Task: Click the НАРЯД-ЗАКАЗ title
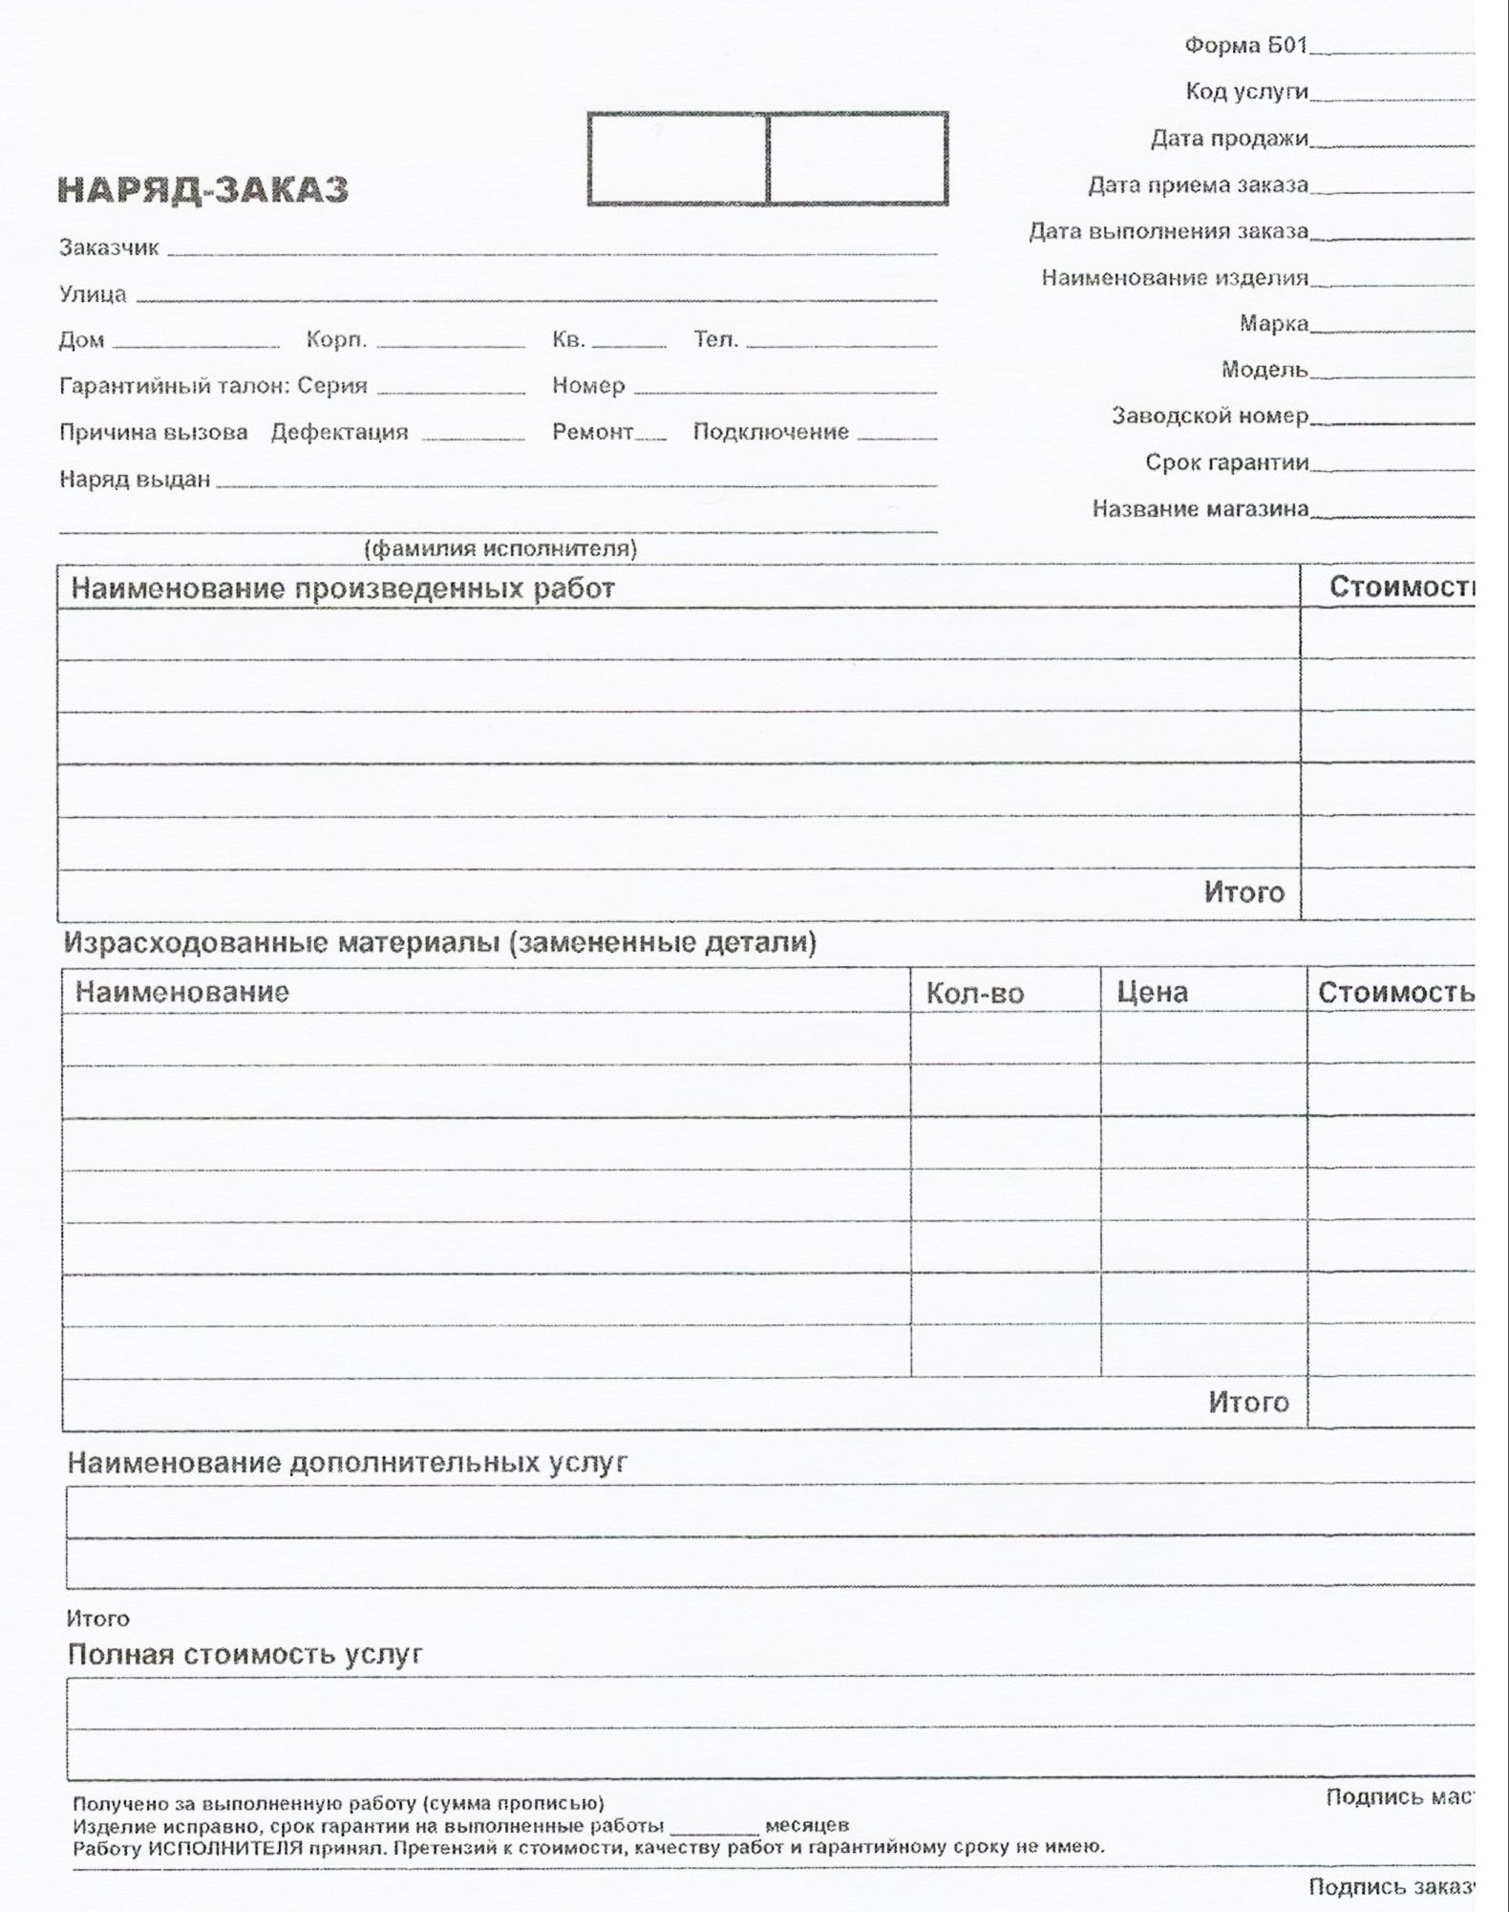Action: tap(203, 190)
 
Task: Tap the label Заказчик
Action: tap(109, 247)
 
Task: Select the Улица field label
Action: tap(93, 293)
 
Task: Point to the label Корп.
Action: tap(336, 339)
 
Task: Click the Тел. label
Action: tap(715, 339)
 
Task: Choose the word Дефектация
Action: tap(339, 432)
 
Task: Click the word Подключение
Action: tap(771, 432)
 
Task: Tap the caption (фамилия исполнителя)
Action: tap(500, 548)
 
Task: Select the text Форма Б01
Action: tap(1245, 45)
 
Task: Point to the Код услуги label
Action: tap(1246, 91)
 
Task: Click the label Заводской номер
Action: tap(1209, 416)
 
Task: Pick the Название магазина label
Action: tap(1200, 508)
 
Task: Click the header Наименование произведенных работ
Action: tap(343, 588)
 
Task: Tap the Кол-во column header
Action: tap(974, 994)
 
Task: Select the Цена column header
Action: tap(1152, 993)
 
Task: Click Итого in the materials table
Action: tap(1248, 1402)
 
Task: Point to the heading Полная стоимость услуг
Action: tap(244, 1654)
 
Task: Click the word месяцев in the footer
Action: tap(807, 1825)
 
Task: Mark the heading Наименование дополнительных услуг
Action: tap(347, 1463)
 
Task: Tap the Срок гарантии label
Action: tap(1226, 462)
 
